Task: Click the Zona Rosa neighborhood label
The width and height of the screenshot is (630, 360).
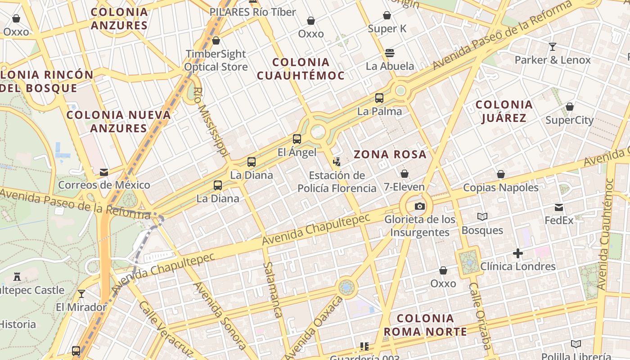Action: coord(390,154)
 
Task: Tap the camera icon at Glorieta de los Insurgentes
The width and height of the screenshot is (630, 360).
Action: coord(420,206)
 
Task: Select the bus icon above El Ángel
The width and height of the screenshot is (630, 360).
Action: coord(297,139)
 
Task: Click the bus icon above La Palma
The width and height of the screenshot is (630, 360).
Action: coord(379,98)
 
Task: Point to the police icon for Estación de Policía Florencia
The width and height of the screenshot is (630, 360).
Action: coord(337,161)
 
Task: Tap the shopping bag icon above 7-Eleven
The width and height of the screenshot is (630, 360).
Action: coord(404,174)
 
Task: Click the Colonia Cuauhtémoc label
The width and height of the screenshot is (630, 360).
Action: coord(301,69)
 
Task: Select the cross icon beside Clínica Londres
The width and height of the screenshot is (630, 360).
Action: coord(518,253)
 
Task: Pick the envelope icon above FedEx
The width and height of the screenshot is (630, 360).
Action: coord(559,207)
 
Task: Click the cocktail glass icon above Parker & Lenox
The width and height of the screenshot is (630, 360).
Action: coord(553,46)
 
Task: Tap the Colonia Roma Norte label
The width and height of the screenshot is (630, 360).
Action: coord(425,325)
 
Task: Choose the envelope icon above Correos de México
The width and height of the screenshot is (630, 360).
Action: coord(104,172)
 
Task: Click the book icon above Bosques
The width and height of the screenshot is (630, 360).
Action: coord(482,217)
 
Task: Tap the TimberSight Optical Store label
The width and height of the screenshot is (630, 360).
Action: coord(216,60)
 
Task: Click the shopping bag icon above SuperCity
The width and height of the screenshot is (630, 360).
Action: coord(569,107)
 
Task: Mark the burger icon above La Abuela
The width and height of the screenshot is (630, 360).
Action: coord(390,53)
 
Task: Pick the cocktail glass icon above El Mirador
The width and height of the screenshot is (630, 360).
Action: coord(81,294)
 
